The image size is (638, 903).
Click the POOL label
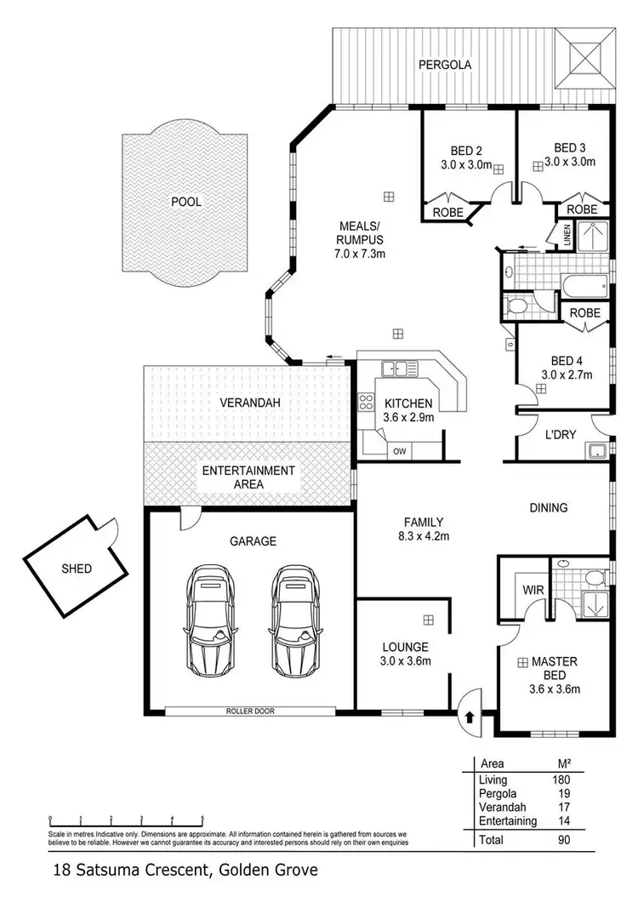point(186,203)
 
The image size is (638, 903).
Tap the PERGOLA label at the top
point(443,65)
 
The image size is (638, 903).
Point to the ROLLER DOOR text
point(251,711)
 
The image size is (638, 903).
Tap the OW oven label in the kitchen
point(400,451)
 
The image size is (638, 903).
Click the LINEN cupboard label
point(567,236)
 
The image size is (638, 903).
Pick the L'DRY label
point(561,434)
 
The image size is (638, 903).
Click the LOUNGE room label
point(404,647)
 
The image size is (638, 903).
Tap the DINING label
point(548,508)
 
